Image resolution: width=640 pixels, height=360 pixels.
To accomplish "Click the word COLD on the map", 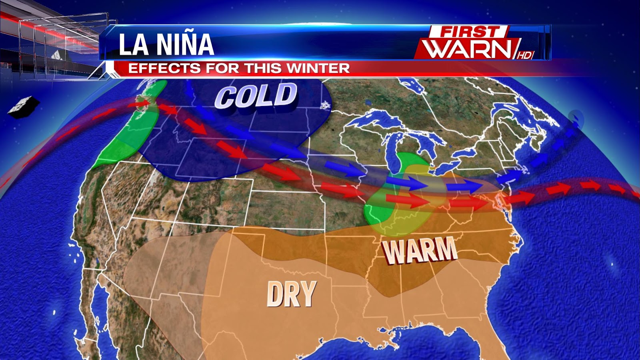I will pos(256,96).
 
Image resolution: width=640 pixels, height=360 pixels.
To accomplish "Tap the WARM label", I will pos(420,250).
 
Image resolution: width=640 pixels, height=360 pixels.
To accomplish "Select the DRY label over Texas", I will pos(292,294).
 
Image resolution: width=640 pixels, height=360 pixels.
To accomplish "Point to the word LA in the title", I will pos(134,44).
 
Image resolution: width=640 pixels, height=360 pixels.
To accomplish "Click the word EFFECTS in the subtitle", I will pos(164,68).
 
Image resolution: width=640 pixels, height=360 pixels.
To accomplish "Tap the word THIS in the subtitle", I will pos(265,68).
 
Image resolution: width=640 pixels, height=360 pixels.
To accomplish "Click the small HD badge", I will pos(525,55).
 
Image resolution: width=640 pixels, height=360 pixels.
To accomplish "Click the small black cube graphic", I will pos(23,106).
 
